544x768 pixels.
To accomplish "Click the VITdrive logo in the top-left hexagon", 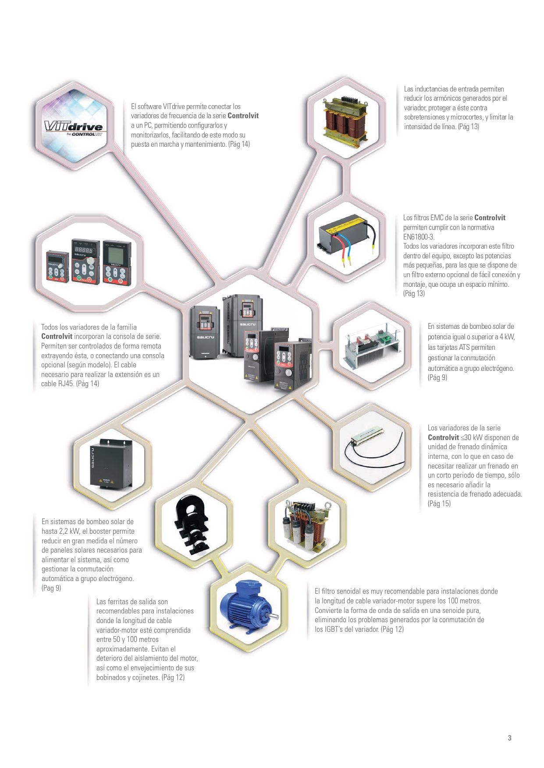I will tap(73, 128).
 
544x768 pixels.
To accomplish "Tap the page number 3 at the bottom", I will tap(509, 738).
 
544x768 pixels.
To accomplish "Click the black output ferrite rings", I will tap(193, 525).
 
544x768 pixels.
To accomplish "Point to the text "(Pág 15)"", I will tap(439, 504).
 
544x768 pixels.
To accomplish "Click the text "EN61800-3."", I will tap(418, 237).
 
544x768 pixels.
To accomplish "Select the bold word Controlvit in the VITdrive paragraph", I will tap(243, 116).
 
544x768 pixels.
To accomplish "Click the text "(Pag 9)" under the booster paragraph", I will tap(51, 588).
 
